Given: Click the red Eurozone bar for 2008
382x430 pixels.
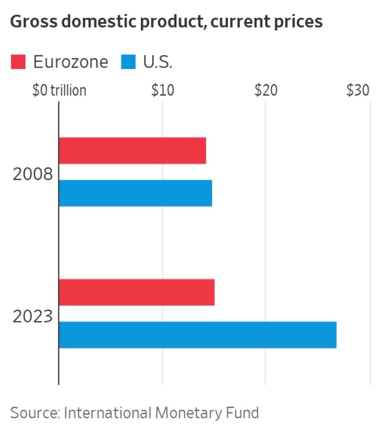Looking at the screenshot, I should coord(132,150).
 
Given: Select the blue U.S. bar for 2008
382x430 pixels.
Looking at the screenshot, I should coord(135,193).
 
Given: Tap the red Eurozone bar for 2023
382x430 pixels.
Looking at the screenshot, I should coord(136,292).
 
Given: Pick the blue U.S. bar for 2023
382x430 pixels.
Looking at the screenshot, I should coord(197,335).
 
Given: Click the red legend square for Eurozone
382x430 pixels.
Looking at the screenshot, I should coord(18,62).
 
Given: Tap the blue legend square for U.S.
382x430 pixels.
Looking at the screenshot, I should coord(128,62).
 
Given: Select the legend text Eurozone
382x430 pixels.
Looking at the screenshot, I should coord(70,62).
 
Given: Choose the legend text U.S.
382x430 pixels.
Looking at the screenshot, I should coord(158,62).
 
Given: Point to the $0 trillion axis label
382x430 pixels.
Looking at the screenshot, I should coord(59,90).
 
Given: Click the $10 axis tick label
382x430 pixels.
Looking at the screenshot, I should coord(163,90).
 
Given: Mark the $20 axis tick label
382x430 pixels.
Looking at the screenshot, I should coord(266,90).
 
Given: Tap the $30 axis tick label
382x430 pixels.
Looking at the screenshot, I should coord(358,90).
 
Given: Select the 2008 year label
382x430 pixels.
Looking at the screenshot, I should coord(33,175).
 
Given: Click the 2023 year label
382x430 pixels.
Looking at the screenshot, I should coord(33,317).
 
